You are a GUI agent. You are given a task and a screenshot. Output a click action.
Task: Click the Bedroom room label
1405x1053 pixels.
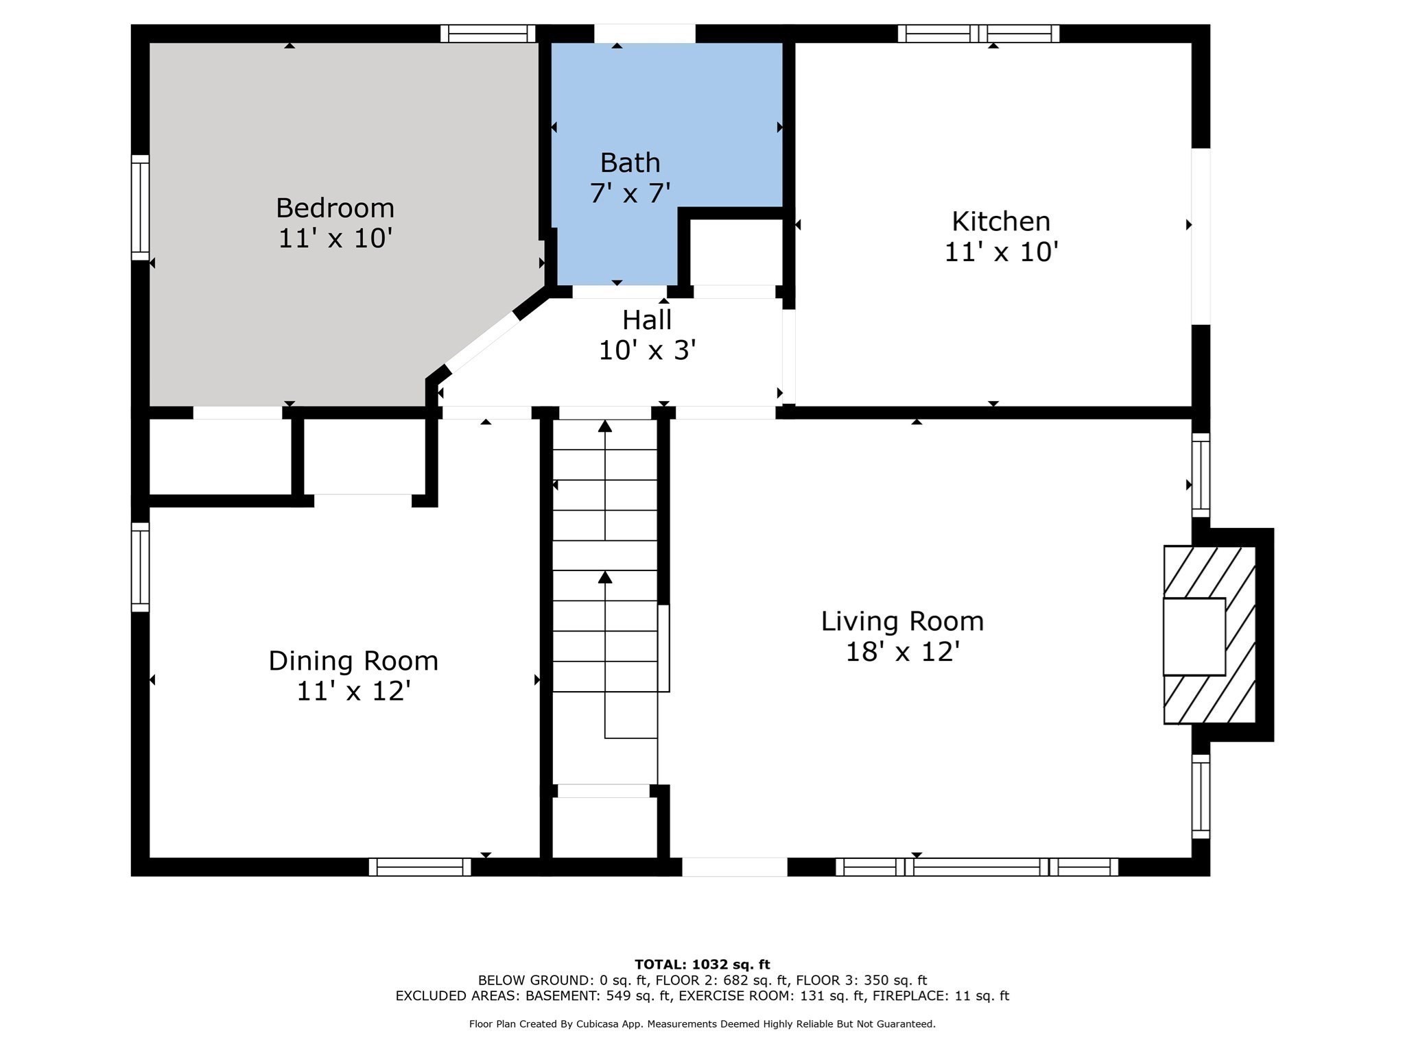(x=335, y=208)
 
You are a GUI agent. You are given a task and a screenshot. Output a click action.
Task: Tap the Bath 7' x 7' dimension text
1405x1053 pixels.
(x=630, y=193)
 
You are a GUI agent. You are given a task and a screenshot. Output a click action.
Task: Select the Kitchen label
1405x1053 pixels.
(x=1001, y=221)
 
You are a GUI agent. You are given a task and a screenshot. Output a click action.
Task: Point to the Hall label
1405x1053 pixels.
(x=647, y=319)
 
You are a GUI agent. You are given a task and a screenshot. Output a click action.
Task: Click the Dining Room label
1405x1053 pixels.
(x=353, y=661)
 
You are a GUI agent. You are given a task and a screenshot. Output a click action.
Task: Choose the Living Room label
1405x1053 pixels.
(x=902, y=621)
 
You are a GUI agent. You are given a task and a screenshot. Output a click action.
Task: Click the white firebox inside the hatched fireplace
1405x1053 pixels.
(x=1194, y=637)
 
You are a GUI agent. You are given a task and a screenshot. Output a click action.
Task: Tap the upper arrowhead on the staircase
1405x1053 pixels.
(x=604, y=426)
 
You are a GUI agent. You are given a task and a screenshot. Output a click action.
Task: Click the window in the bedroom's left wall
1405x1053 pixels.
(x=140, y=208)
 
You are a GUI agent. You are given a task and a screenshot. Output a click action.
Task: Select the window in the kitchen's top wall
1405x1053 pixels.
(x=978, y=34)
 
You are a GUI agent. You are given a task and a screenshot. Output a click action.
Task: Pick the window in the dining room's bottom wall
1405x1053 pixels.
(x=420, y=867)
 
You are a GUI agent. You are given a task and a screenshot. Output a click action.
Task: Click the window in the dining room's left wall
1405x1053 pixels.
(x=140, y=567)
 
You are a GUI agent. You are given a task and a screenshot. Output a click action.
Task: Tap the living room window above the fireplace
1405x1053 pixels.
(x=1201, y=474)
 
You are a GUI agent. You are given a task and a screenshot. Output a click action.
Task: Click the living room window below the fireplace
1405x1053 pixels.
(x=1201, y=797)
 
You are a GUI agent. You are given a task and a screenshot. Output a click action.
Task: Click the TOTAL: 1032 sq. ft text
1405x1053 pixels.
(x=702, y=965)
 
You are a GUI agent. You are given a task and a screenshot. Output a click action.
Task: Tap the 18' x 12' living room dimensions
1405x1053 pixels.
(x=902, y=652)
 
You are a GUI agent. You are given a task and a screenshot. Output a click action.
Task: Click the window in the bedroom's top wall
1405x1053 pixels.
(x=488, y=34)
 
